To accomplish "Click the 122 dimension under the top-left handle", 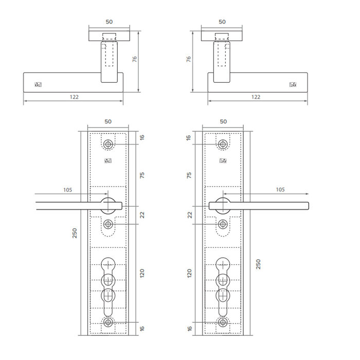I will click(x=74, y=97).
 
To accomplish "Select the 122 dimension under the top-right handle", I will click(x=256, y=97).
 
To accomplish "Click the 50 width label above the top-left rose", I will click(x=109, y=22).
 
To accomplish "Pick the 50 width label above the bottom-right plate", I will click(x=223, y=121).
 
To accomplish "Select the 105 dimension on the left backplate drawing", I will click(x=67, y=190).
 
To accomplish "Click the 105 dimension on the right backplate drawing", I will click(x=280, y=190).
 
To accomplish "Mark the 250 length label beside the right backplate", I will click(x=258, y=264).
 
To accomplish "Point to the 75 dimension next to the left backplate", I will click(x=142, y=175).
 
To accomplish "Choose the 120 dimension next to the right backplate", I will click(x=189, y=273).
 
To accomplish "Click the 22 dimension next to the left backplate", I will click(x=142, y=214).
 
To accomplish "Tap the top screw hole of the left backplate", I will click(x=108, y=145).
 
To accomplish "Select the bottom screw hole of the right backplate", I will click(x=223, y=322).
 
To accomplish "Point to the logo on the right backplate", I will click(x=223, y=162).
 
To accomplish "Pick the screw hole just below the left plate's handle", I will click(x=108, y=224).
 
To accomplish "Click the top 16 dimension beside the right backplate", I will click(x=189, y=138).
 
